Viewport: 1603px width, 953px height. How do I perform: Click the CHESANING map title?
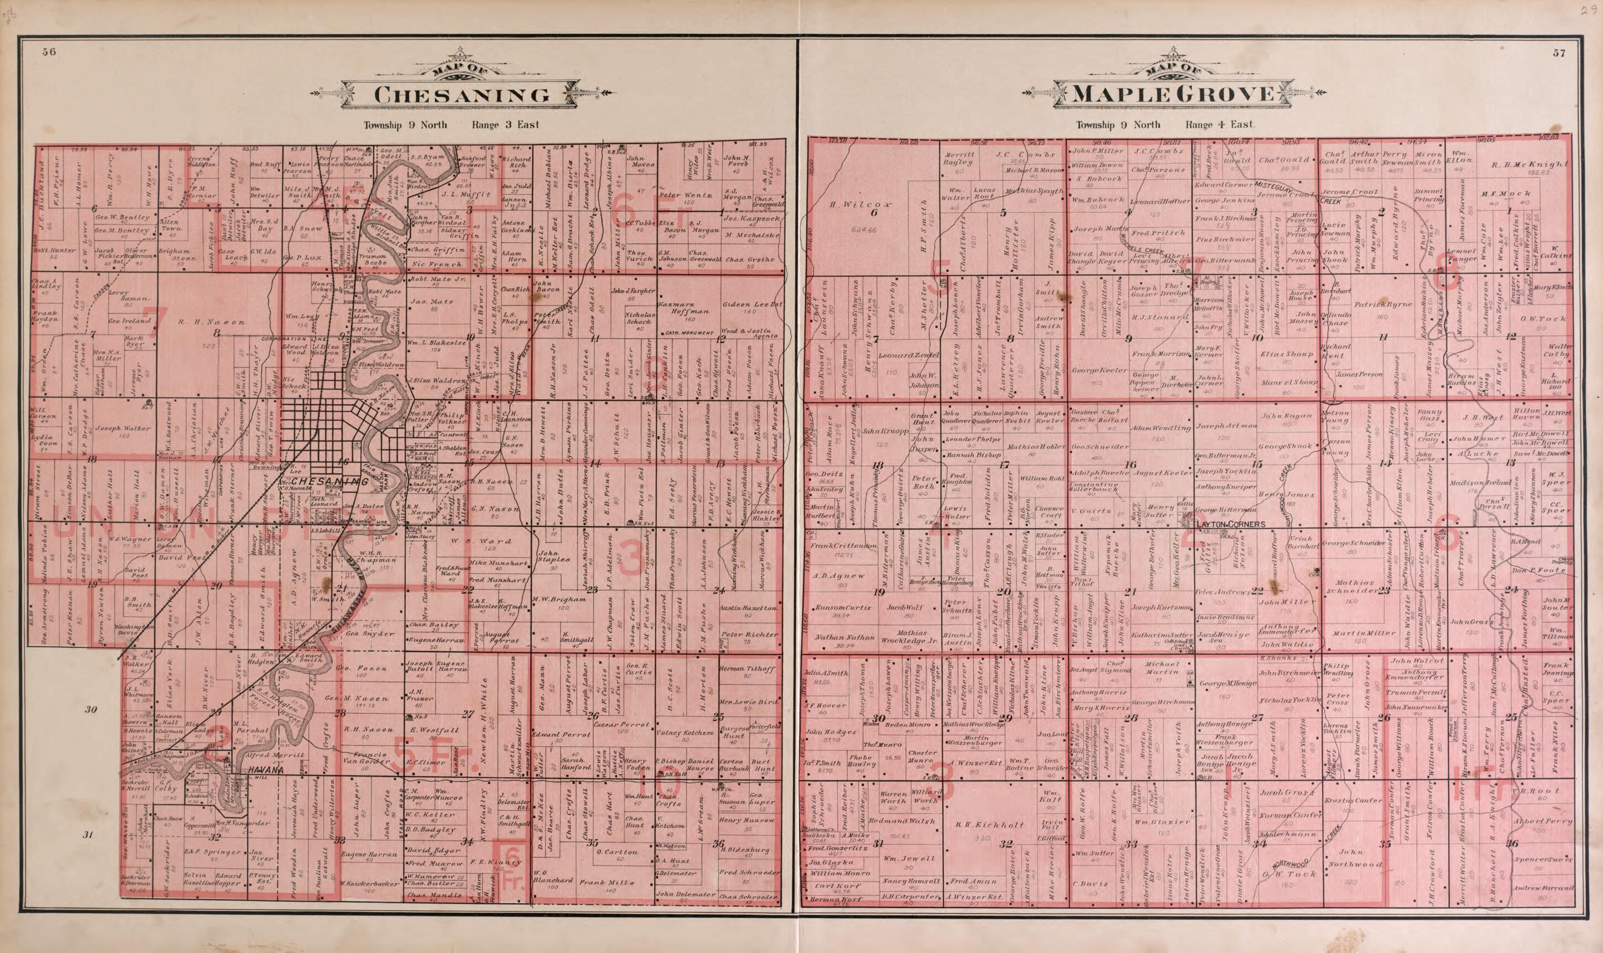pyautogui.click(x=462, y=95)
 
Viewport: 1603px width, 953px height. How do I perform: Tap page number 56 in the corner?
pyautogui.click(x=49, y=53)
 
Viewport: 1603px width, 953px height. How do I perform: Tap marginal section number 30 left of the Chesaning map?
pyautogui.click(x=91, y=710)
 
